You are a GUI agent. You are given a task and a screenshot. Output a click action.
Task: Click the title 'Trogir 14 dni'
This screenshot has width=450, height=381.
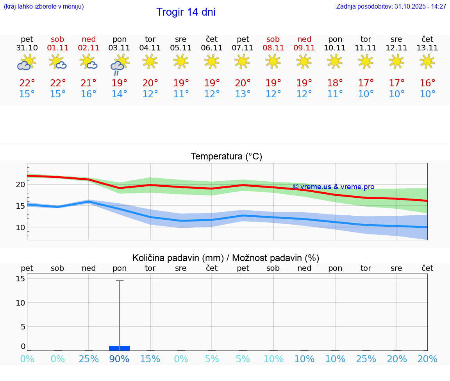tap(186, 12)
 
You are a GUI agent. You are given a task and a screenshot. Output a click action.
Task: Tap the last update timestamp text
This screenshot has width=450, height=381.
tap(391, 7)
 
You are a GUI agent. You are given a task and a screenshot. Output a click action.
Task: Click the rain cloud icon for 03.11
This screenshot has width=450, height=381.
tap(119, 64)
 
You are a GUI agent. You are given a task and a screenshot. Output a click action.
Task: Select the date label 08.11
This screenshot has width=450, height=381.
tap(273, 48)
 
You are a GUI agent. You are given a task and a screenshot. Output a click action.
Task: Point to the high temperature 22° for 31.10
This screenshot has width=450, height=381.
tap(27, 83)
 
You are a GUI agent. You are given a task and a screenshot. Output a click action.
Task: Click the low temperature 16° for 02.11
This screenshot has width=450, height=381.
tap(89, 94)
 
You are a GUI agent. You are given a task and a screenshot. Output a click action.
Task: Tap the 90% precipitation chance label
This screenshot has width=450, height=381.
tap(119, 359)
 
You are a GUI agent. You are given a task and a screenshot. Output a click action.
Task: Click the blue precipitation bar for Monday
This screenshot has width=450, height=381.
tap(119, 348)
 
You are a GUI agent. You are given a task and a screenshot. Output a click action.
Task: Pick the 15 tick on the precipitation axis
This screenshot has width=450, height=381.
tap(20, 279)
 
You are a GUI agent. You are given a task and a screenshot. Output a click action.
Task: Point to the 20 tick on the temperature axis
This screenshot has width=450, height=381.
tap(20, 184)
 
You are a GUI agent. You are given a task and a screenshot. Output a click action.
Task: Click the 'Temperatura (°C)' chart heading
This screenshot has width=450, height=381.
tap(226, 157)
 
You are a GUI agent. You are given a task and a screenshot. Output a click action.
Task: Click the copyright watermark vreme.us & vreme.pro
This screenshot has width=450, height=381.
tap(333, 187)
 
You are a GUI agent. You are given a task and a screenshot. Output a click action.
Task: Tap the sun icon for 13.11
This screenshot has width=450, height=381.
tap(427, 61)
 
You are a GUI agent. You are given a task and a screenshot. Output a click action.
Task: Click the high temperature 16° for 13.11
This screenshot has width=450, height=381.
tap(427, 83)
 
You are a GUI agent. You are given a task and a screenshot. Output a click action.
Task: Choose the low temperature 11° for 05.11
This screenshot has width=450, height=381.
tap(181, 94)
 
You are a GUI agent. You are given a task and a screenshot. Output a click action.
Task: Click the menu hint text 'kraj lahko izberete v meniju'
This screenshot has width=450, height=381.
tap(44, 7)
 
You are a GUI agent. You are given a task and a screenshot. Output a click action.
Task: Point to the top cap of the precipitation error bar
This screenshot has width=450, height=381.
tap(120, 280)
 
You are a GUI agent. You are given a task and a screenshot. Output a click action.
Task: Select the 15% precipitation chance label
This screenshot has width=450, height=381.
tap(150, 359)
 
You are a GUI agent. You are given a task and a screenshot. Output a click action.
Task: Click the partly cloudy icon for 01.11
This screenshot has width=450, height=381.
tap(57, 62)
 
